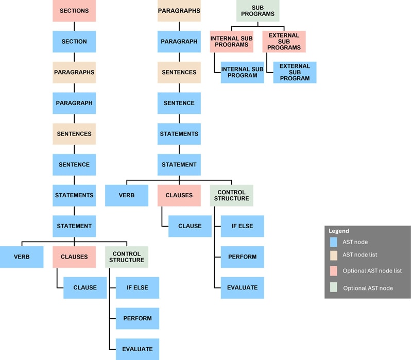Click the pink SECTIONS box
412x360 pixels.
tap(74, 11)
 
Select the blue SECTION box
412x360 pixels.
tap(74, 41)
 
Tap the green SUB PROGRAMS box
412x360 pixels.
tap(257, 11)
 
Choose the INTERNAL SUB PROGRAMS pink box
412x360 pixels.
tap(231, 41)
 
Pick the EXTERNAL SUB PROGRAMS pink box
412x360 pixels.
tap(284, 41)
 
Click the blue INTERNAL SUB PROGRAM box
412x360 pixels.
tap(242, 72)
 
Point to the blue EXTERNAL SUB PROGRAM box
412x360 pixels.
tap(295, 72)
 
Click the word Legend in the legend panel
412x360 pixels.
tap(339, 231)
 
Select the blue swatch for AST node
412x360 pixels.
tap(334, 241)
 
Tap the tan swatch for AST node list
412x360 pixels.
tap(334, 254)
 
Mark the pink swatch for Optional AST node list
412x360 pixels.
tap(334, 270)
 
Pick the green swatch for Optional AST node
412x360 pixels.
tap(334, 287)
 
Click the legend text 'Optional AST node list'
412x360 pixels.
tap(372, 270)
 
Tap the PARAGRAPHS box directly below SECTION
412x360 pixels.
tap(74, 72)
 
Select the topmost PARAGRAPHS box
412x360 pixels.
tap(179, 11)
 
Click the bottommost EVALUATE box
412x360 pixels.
tap(138, 349)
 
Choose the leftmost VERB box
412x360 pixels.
tap(21, 256)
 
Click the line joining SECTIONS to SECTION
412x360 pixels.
tap(74, 26)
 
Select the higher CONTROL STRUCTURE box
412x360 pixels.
tap(231, 195)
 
